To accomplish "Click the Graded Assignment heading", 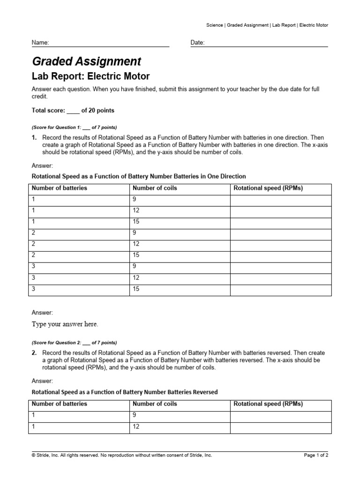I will (86, 61).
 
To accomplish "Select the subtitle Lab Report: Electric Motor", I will (90, 76).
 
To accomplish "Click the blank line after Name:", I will (109, 43).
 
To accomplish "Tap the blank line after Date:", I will (266, 43).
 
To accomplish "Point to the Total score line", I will (73, 111).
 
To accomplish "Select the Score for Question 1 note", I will (74, 127).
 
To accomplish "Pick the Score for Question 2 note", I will (74, 343).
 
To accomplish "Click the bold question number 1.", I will (34, 138).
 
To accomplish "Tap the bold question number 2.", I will (34, 353).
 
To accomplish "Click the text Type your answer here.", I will (65, 324).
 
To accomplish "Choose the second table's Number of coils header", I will (155, 404).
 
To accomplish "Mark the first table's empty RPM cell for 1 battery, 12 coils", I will (280, 210).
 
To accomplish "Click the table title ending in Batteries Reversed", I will (124, 392).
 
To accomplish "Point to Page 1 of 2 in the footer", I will (316, 455).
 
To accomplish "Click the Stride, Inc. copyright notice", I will (122, 455).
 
